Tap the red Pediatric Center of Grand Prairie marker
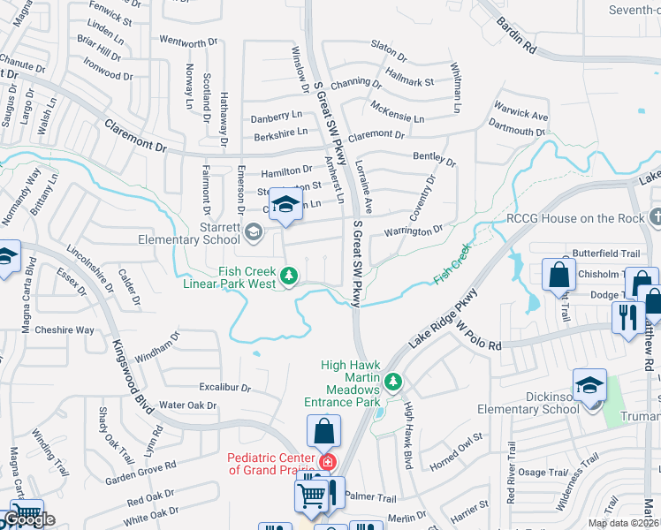pyautogui.click(x=327, y=461)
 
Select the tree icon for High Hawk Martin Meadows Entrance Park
pyautogui.click(x=394, y=382)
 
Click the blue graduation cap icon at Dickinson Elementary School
pyautogui.click(x=589, y=385)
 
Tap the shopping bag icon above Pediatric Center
pyautogui.click(x=324, y=432)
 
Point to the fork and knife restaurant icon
pyautogui.click(x=627, y=317)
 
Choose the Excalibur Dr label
pyautogui.click(x=225, y=388)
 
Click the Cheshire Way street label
pyautogui.click(x=65, y=330)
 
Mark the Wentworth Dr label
pyautogui.click(x=188, y=42)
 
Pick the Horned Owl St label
pyautogui.click(x=455, y=443)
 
